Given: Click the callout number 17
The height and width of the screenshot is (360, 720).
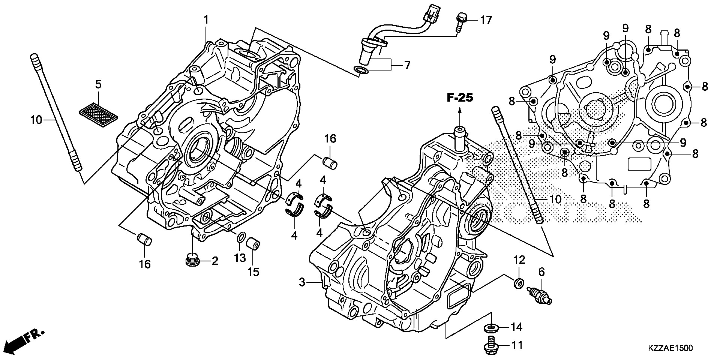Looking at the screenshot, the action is point(486,20).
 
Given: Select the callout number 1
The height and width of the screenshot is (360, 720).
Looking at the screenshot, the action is point(206,20).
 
